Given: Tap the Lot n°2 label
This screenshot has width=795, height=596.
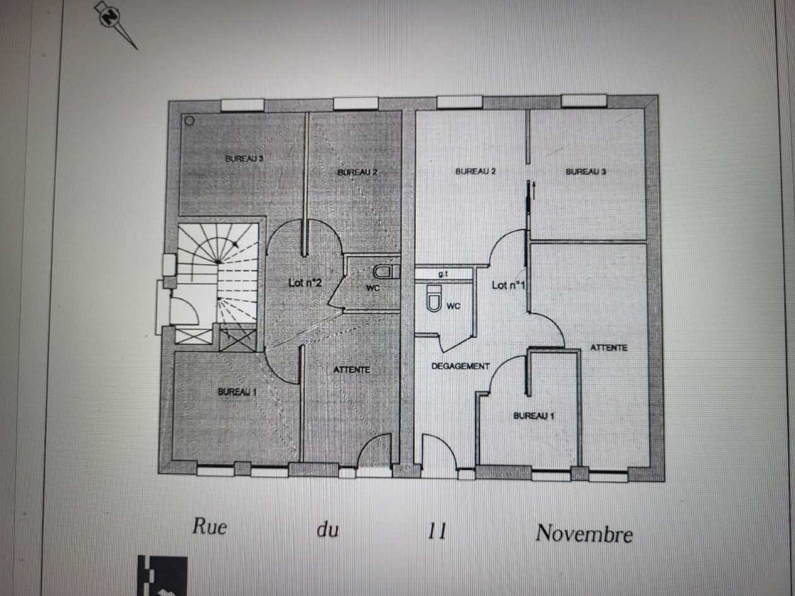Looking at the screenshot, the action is pos(305,283).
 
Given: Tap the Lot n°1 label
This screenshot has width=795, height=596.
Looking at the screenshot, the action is pos(508,285).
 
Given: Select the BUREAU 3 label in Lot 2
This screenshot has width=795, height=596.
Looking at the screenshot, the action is pos(244,158).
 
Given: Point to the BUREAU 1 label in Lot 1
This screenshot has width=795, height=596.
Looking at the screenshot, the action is pos(534,416).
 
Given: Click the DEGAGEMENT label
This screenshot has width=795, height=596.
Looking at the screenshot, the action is pos(461,366).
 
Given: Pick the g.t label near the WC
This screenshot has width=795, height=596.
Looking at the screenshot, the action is pos(444,274).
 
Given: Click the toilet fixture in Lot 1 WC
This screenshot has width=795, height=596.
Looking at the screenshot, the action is pos(434,298).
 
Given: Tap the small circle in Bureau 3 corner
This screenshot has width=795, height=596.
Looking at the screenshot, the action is pos(189,121).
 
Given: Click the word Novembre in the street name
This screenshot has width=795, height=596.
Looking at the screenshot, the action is pos(584,534).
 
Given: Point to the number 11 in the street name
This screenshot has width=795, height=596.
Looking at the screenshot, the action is pos(437,531).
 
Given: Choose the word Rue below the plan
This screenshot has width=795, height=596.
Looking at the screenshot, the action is pos(209,526).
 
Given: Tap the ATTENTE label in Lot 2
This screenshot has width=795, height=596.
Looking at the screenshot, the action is pos(351,370).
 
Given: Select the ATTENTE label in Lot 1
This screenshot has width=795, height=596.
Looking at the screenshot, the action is pos(608,348).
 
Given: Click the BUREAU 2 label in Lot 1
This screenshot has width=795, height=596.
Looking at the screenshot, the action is pos(475,171).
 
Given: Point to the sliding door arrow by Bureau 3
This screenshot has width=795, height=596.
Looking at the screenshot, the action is pos(533,190).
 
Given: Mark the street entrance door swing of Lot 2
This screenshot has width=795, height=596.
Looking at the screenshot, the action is pos(374,450).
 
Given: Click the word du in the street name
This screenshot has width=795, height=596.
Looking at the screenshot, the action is pos(327,530).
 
